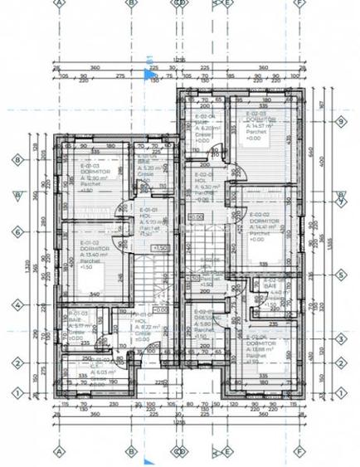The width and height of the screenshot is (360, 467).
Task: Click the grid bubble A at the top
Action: pos(59,3)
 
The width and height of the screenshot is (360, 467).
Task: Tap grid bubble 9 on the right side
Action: pos(340,121)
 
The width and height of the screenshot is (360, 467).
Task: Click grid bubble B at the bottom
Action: pos(129,452)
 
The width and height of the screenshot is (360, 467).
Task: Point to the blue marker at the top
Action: pos(150,75)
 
